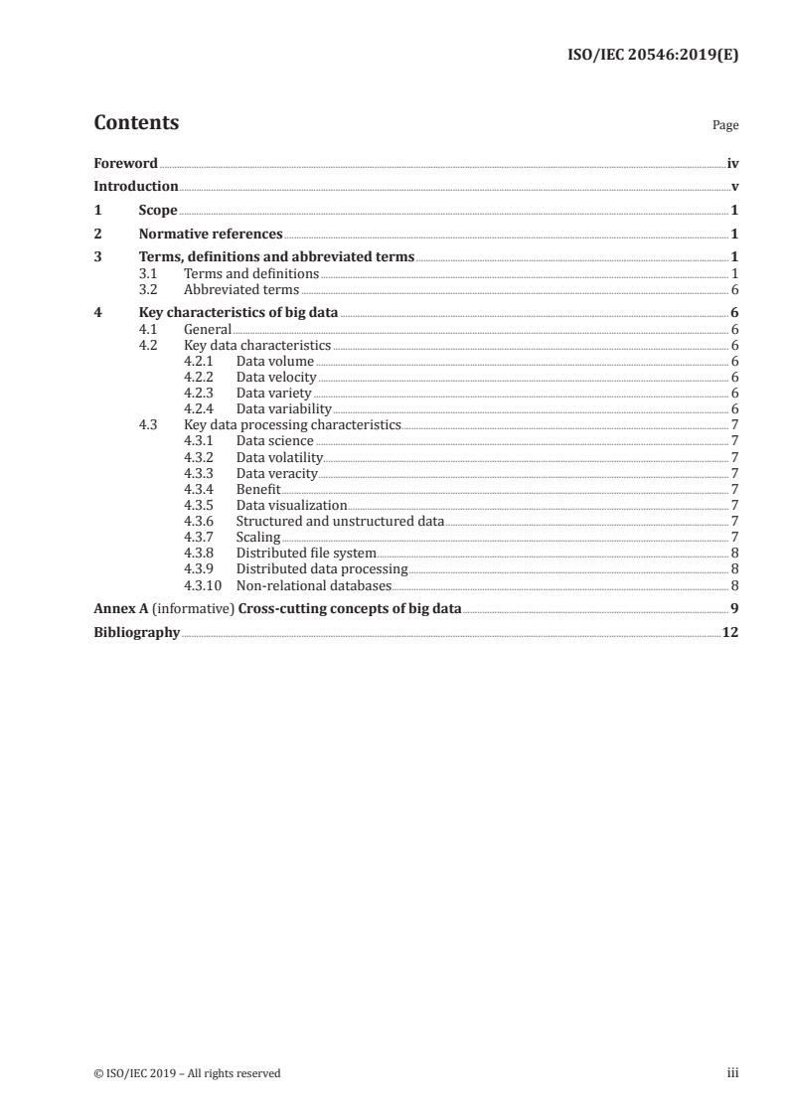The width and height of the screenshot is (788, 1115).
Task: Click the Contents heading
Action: point(136,123)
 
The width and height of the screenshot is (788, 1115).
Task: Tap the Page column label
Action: point(725,126)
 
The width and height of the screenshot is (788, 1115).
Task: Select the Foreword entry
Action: point(125,163)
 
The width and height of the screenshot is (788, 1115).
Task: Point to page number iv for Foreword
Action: point(732,163)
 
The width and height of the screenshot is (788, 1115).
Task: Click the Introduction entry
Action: point(136,187)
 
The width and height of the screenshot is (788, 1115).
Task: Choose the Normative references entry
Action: point(211,235)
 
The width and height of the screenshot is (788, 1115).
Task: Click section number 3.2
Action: point(148,290)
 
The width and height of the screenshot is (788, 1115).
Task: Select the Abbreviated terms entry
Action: point(241,290)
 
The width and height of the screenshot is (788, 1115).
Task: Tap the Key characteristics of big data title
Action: point(238,313)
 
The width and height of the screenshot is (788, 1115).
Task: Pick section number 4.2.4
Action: point(201,408)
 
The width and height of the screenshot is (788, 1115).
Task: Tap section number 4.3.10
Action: point(204,585)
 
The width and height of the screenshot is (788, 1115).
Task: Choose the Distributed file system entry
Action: point(306,554)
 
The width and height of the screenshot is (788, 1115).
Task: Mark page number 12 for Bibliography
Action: point(730,633)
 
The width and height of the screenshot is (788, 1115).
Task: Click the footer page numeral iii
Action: point(733,1073)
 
